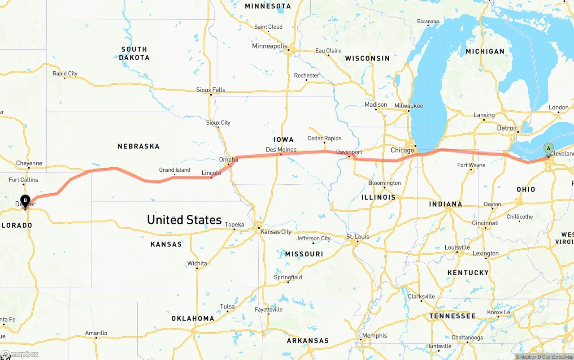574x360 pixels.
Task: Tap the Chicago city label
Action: point(402,150)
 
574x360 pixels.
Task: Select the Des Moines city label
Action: point(281,149)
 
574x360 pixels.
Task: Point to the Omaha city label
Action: point(228,160)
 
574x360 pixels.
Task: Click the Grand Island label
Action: point(174,170)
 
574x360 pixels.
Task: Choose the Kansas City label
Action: point(276,232)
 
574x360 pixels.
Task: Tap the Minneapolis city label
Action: point(270,46)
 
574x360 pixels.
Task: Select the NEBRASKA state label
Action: point(139,146)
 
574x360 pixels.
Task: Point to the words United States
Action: point(184,220)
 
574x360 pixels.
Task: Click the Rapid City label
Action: point(65,74)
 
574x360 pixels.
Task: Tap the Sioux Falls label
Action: point(211,90)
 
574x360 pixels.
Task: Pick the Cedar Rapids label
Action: point(324,138)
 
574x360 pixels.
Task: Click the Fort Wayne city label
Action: point(471,165)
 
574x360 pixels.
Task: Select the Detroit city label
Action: point(507,128)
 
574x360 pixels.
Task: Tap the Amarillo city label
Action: point(96,333)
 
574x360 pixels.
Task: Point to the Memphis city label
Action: point(374,335)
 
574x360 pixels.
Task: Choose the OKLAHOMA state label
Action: point(193,318)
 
